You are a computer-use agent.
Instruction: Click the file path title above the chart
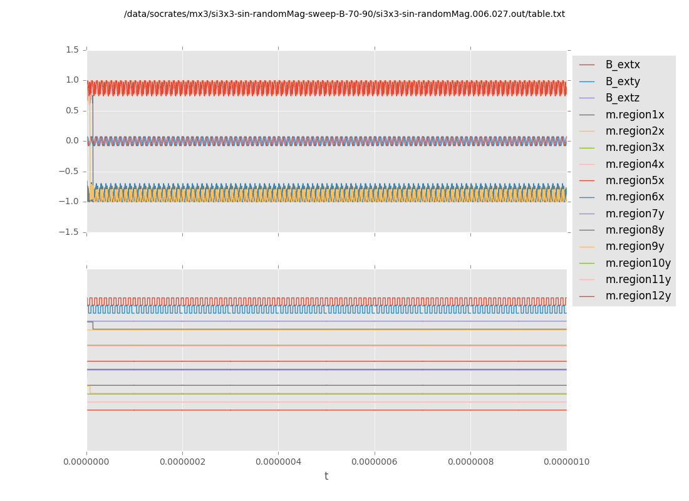click(x=344, y=14)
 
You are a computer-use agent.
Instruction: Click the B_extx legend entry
click(x=622, y=65)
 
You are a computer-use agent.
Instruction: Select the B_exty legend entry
click(x=622, y=81)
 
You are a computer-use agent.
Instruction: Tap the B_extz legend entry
click(x=622, y=98)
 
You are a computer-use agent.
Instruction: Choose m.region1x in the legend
click(x=635, y=115)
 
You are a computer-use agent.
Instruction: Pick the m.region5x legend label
click(x=635, y=180)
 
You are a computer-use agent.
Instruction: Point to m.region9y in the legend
click(x=635, y=246)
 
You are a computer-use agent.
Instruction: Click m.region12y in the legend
click(x=638, y=296)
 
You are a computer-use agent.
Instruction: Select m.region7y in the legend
click(x=635, y=214)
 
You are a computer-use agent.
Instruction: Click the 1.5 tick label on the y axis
click(x=72, y=50)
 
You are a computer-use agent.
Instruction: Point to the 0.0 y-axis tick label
click(x=72, y=141)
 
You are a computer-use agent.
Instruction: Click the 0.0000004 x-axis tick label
click(x=278, y=462)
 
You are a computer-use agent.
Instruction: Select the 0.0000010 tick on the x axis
click(x=566, y=462)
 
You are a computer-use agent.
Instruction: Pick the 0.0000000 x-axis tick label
click(x=87, y=462)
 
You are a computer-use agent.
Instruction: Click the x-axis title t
click(x=326, y=477)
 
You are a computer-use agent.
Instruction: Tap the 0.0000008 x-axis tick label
click(x=470, y=462)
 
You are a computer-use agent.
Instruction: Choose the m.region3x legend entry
click(x=635, y=147)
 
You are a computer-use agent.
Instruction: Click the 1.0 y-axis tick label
click(x=72, y=80)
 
